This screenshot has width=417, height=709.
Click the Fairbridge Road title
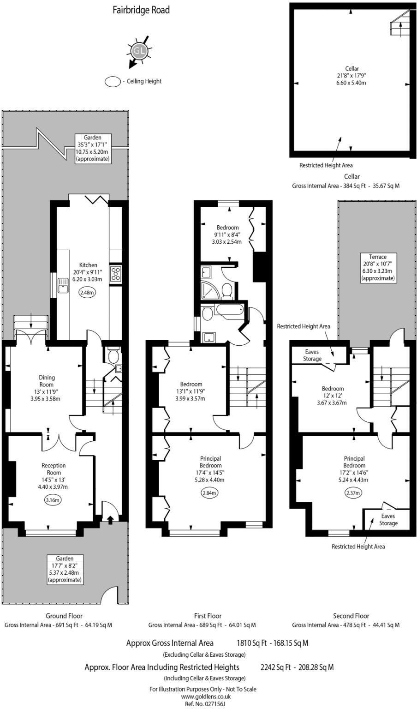coord(141,10)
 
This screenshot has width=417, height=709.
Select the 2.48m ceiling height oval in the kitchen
coord(87,292)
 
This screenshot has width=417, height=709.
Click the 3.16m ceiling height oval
coord(53,499)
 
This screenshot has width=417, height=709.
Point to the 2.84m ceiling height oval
coord(209,493)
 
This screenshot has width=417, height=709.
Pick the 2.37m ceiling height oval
coord(353,493)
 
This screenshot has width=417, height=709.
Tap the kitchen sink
coord(63,288)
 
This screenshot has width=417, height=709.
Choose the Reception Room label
coord(54,469)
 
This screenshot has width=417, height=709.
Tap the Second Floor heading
coord(351,616)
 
